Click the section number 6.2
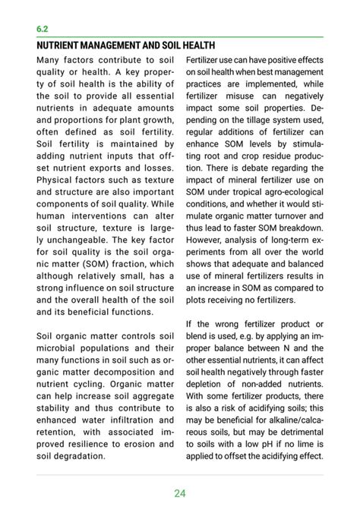43,28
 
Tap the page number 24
179,493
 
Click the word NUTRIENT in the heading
61,46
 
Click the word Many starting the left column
51,59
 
